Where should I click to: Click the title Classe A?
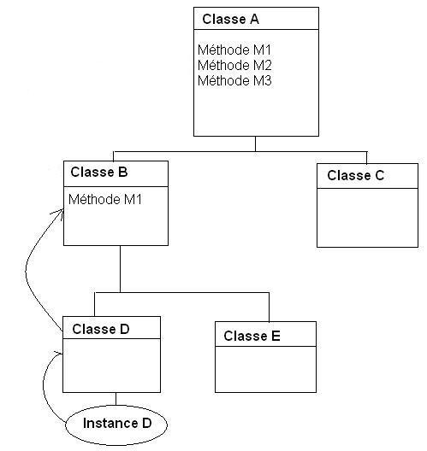[x=230, y=20]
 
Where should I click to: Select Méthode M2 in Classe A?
[x=234, y=65]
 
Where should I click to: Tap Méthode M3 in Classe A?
[x=234, y=80]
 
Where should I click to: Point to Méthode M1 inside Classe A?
[x=234, y=50]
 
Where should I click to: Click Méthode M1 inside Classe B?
[x=105, y=199]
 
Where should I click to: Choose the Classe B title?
[x=99, y=172]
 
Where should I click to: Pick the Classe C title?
[x=355, y=175]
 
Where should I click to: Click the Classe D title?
[x=101, y=329]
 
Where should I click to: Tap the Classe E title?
[x=252, y=336]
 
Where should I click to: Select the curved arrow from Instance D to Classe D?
[x=44, y=385]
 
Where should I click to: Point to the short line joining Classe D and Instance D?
[x=116, y=399]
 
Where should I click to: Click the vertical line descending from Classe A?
[x=255, y=143]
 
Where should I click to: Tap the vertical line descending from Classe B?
[x=120, y=269]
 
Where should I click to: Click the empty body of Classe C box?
[x=367, y=218]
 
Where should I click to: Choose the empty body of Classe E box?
[x=265, y=369]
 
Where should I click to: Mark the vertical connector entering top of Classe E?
[x=269, y=307]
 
